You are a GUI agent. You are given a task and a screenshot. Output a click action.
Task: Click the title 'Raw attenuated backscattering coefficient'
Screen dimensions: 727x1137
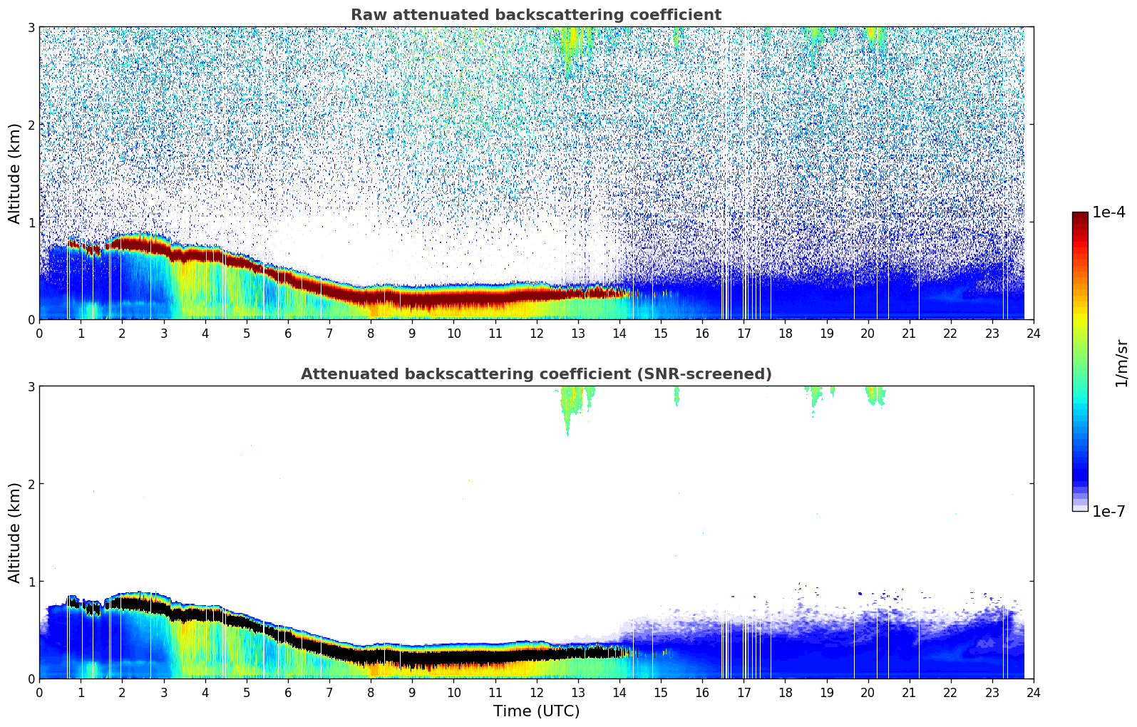535,15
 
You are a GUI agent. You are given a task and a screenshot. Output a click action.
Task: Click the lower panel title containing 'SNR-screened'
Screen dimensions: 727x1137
535,374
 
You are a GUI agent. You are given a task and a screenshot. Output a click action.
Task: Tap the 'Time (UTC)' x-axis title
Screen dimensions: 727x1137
536,711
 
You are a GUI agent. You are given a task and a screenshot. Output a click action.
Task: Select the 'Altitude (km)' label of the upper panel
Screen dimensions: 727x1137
15,173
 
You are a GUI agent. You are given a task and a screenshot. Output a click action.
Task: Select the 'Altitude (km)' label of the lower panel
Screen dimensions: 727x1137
15,532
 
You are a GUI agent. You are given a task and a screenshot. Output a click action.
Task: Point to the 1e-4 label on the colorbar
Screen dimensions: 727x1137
1108,212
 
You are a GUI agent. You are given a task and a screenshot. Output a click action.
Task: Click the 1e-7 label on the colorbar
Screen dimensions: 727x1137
1108,511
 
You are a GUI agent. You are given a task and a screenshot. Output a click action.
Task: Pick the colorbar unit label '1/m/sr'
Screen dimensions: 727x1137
1121,362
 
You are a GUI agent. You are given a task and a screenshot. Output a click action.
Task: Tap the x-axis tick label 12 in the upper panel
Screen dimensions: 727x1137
536,334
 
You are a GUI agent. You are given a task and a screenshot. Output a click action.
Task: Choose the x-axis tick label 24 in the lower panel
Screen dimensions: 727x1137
1033,693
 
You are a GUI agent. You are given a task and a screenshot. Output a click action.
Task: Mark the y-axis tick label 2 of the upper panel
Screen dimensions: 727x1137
31,125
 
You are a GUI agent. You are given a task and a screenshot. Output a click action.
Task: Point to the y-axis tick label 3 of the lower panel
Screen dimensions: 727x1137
31,386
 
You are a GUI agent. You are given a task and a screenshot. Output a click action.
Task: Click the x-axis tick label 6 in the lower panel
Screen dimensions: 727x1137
288,693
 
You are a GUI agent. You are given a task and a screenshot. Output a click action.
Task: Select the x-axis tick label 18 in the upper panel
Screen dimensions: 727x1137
785,334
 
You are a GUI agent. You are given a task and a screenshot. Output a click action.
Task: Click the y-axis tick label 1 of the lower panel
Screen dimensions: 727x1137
31,582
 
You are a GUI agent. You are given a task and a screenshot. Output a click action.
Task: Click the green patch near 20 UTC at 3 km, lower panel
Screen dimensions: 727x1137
874,394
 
